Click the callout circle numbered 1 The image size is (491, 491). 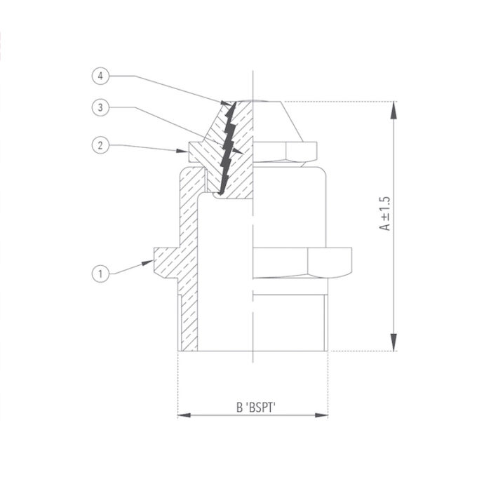click(101, 274)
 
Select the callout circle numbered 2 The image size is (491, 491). click(101, 144)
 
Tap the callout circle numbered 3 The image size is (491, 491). click(101, 107)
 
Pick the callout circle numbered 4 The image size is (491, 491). click(101, 74)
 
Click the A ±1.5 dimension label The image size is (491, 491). click(384, 214)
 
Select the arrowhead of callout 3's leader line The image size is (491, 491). click(238, 151)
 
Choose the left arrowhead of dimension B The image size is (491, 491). click(183, 416)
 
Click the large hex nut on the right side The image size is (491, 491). click(302, 261)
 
